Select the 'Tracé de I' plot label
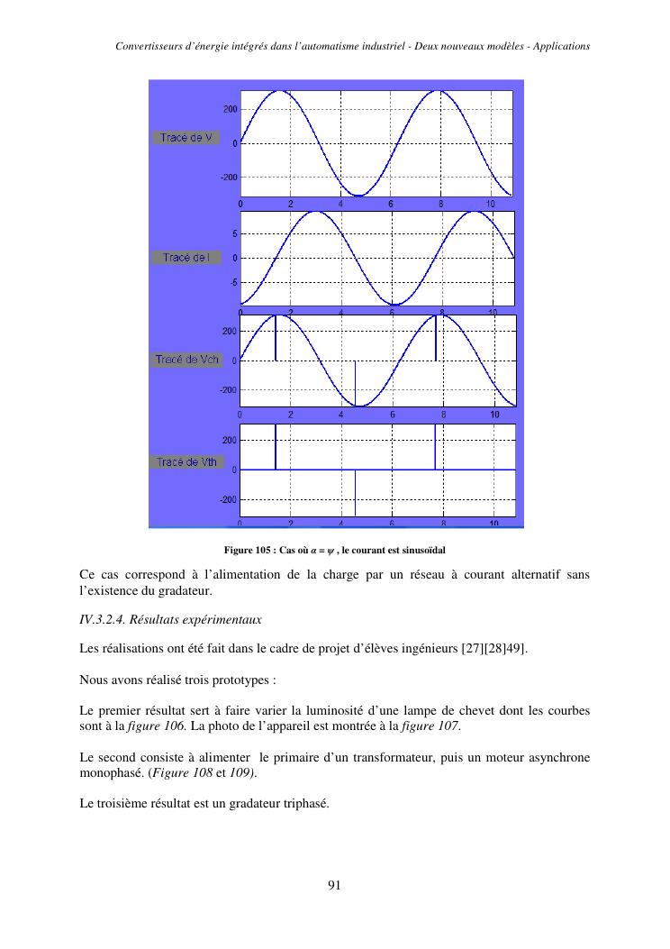186,258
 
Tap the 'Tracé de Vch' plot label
186,360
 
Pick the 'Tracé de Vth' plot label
186,462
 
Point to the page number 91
334,885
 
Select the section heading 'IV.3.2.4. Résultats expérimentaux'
170,619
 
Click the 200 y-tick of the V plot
231,109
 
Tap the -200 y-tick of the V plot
229,178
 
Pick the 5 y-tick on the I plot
235,233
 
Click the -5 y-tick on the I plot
233,282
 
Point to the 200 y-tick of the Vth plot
230,441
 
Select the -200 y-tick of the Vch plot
228,390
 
